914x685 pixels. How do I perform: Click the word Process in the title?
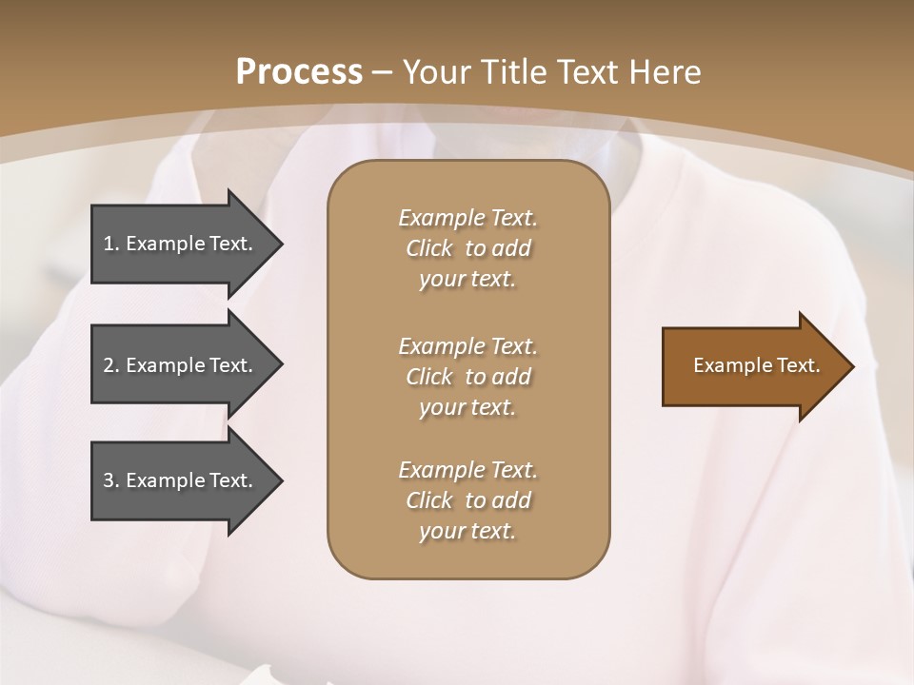point(299,72)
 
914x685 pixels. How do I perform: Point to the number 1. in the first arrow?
point(110,244)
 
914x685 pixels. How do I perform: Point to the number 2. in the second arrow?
point(110,365)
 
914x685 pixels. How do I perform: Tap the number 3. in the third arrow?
point(110,480)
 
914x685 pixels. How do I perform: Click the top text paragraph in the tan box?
point(467,248)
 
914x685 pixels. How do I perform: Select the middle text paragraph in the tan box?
point(467,377)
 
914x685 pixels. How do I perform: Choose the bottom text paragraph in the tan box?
point(467,500)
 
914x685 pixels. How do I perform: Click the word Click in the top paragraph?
point(429,248)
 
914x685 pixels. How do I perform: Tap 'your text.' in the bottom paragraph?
point(467,531)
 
